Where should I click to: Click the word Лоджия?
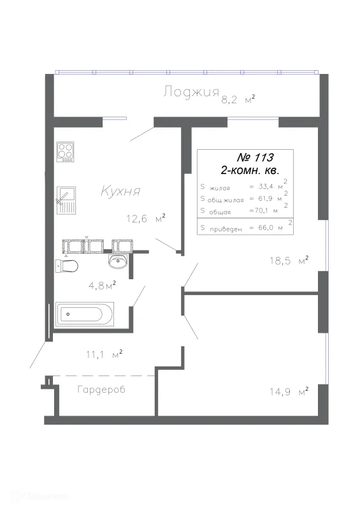191,92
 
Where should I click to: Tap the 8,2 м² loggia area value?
238,99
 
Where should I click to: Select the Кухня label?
120,191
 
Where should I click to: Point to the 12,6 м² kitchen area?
146,218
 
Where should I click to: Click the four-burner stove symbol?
65,152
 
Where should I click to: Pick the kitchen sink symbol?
66,200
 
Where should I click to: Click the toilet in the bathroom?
67,266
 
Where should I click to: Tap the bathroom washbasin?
118,261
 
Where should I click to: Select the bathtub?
85,314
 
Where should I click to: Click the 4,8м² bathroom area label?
102,285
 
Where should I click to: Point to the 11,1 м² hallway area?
104,354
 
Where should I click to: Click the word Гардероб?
101,390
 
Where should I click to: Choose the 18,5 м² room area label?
289,261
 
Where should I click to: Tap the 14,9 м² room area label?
289,391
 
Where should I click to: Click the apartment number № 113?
256,157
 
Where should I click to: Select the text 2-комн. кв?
250,170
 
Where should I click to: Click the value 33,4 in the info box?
266,186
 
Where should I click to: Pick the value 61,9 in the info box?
265,198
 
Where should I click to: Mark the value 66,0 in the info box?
266,228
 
